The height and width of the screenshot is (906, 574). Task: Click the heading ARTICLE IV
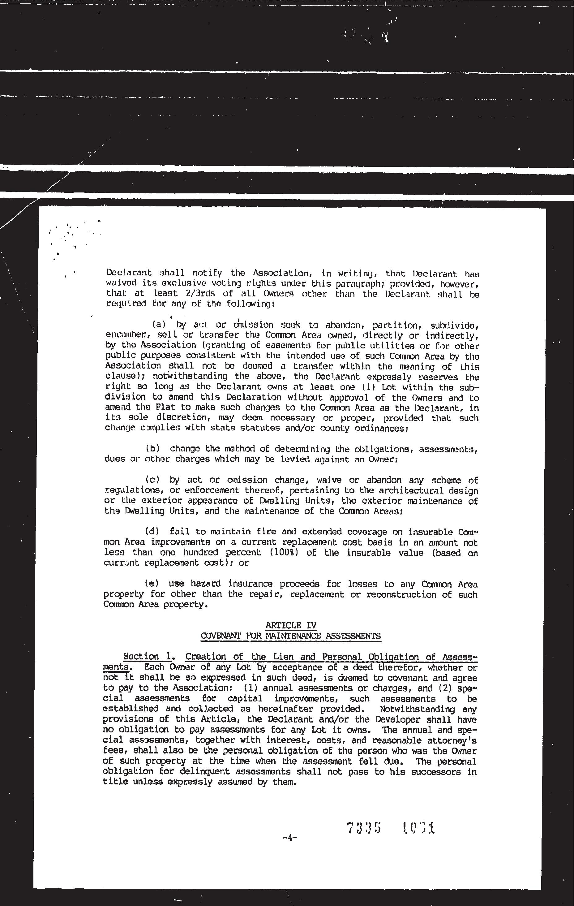tap(291, 626)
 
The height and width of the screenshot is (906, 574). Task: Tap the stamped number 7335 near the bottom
tap(364, 828)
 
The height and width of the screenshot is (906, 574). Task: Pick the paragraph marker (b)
tap(153, 448)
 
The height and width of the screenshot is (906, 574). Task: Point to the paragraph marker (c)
tap(153, 480)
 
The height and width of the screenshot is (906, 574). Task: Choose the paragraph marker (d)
tap(152, 532)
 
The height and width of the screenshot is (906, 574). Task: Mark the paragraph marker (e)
tap(152, 584)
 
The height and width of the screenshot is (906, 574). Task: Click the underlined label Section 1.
tap(148, 657)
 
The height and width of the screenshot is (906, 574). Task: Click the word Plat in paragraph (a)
tap(153, 408)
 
